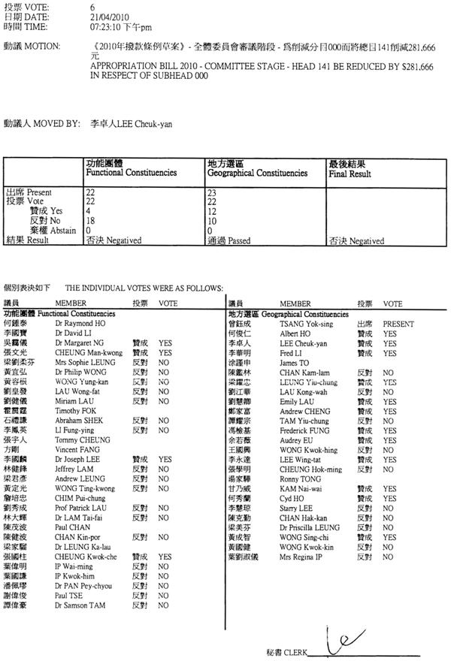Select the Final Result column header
[350, 173]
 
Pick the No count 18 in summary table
[90, 221]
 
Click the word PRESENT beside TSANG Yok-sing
[398, 321]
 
